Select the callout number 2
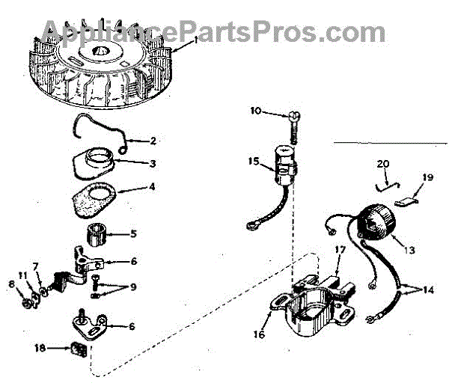[x=153, y=140]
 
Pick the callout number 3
[x=152, y=162]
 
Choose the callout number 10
[x=254, y=111]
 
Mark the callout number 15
[x=254, y=160]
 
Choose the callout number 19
[x=427, y=177]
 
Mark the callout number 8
[x=10, y=284]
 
